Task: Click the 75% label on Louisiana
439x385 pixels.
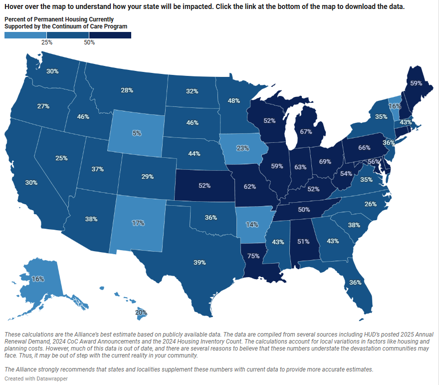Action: pyautogui.click(x=253, y=256)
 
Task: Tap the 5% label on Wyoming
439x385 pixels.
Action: pyautogui.click(x=137, y=133)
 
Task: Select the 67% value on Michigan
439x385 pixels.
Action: pyautogui.click(x=306, y=131)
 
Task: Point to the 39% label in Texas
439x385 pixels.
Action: pyautogui.click(x=200, y=262)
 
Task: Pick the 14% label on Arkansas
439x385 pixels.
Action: pyautogui.click(x=252, y=224)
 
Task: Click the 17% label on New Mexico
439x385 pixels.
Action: pyautogui.click(x=138, y=223)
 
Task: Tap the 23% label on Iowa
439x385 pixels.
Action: pyautogui.click(x=242, y=148)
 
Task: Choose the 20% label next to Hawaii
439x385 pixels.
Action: pyautogui.click(x=141, y=312)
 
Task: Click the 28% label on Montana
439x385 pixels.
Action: pyautogui.click(x=127, y=90)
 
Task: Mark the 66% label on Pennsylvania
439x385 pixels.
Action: pyautogui.click(x=364, y=147)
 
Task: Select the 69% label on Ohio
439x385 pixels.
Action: pyautogui.click(x=325, y=161)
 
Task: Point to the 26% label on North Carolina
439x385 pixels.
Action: pyautogui.click(x=370, y=204)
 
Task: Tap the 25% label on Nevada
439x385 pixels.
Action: pyautogui.click(x=61, y=158)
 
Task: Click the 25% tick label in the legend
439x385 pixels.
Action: pyautogui.click(x=46, y=42)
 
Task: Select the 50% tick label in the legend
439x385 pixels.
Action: pyautogui.click(x=89, y=42)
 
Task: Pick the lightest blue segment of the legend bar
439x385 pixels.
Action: pyautogui.click(x=25, y=35)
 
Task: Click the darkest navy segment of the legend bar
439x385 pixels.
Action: pyautogui.click(x=110, y=35)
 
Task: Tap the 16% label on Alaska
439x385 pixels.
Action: pyautogui.click(x=38, y=279)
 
